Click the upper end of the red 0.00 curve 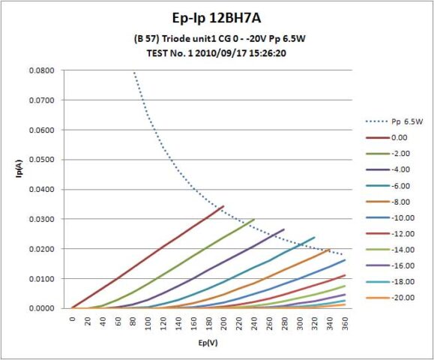coord(223,206)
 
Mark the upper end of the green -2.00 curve coord(254,220)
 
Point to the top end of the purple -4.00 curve coord(284,229)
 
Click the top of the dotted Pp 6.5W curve coord(134,73)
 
